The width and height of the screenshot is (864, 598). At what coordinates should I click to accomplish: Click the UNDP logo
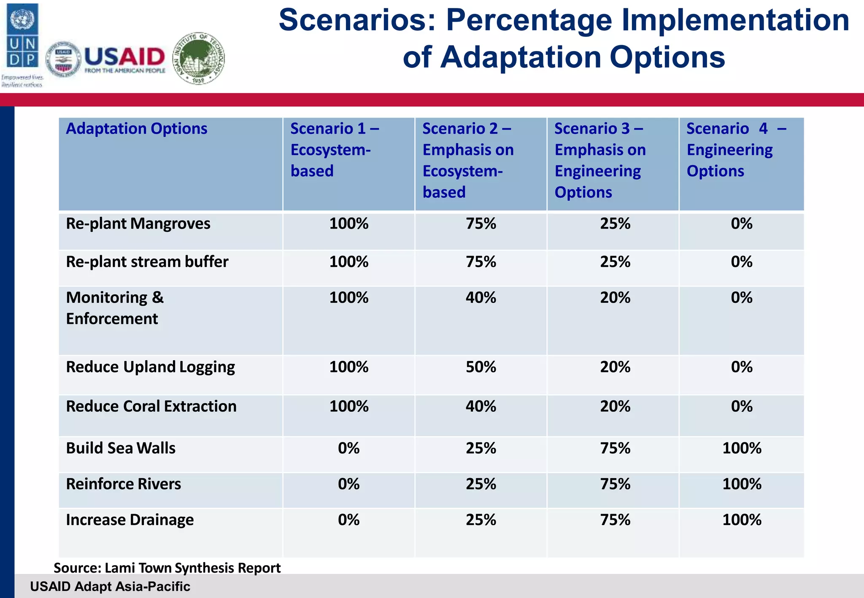(22, 36)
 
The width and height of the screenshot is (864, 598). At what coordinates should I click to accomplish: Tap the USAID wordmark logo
(124, 58)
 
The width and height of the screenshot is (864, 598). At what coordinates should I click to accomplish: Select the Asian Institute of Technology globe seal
(199, 59)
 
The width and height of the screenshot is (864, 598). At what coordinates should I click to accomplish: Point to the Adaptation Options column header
(136, 129)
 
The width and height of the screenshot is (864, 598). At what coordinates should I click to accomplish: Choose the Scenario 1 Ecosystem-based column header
(334, 150)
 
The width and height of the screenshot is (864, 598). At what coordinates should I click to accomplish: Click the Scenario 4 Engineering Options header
(736, 150)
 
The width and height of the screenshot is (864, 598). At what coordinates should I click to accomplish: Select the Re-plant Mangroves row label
(138, 224)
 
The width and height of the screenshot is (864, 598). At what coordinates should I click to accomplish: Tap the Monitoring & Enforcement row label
(115, 308)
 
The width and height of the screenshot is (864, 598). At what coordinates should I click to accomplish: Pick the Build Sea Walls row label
(121, 448)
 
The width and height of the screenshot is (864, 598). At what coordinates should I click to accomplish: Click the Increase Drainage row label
(130, 520)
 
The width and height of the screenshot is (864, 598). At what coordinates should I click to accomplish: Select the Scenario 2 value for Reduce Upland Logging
(481, 367)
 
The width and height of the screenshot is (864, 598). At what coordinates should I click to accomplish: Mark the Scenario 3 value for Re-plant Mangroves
(615, 224)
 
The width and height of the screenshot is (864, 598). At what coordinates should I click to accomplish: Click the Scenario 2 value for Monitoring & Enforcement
(481, 298)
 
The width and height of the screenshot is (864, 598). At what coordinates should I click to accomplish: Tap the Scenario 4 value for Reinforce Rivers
(742, 484)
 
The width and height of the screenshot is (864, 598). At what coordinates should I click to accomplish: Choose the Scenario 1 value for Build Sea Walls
(348, 448)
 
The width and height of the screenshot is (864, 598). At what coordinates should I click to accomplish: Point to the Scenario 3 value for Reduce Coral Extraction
(615, 407)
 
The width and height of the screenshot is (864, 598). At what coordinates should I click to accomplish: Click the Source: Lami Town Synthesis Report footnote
(167, 568)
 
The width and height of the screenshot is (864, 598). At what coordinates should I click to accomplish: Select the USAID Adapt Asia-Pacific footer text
(110, 586)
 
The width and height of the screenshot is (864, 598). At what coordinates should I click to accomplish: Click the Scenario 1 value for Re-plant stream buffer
(348, 262)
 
